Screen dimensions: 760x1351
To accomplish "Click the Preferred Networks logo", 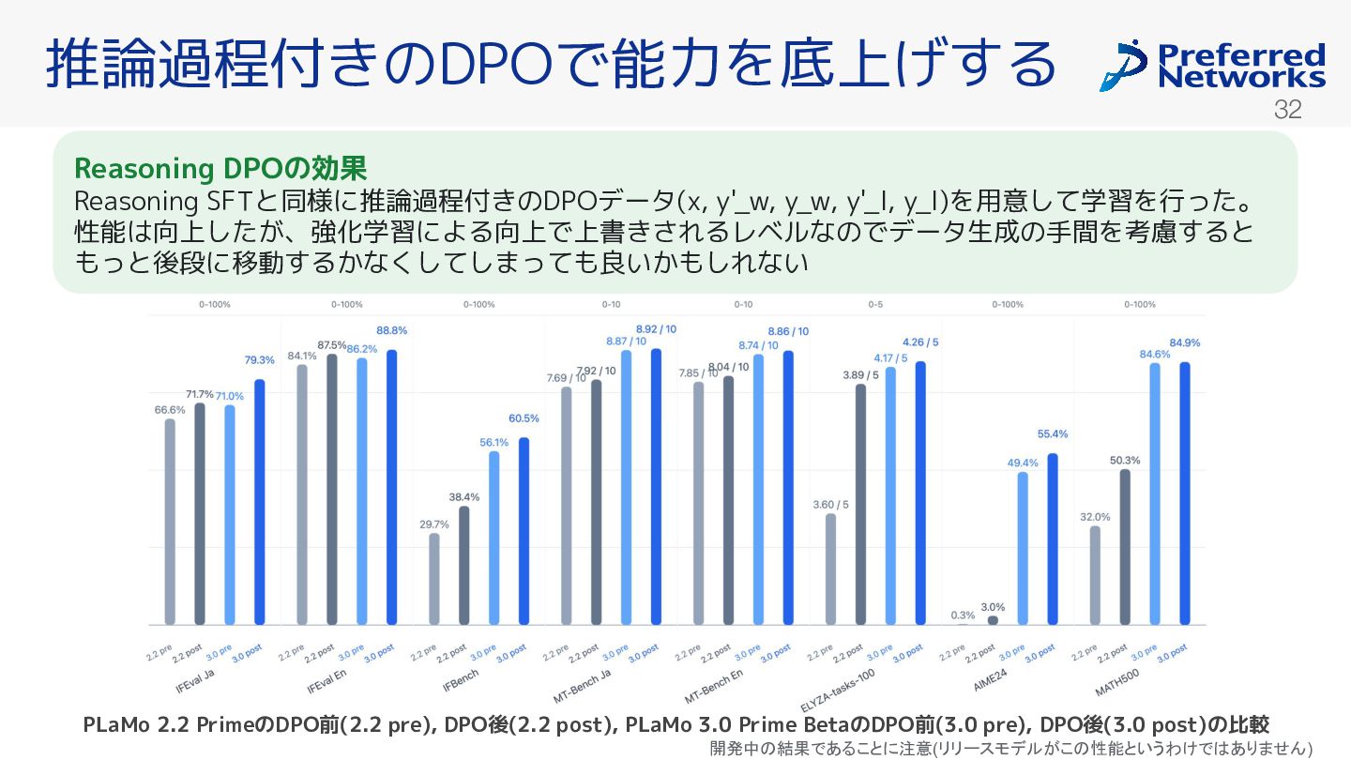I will (x=1212, y=65).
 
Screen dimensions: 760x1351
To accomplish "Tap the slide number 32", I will (x=1287, y=110).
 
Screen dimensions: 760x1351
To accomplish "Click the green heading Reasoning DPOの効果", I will (x=220, y=169).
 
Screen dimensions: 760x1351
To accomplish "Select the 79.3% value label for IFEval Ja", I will (x=260, y=360).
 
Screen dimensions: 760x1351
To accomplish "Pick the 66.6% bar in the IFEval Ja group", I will (x=170, y=521).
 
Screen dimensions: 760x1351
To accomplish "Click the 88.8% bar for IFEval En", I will (x=392, y=487).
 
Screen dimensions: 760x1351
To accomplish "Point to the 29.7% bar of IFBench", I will (x=433, y=578).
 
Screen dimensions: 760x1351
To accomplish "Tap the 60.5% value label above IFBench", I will (x=524, y=418).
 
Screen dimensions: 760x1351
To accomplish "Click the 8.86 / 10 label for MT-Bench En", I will (x=788, y=331).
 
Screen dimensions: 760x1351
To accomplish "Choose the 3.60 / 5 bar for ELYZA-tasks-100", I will (x=830, y=569).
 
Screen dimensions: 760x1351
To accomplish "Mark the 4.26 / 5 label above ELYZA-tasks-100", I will (x=920, y=342).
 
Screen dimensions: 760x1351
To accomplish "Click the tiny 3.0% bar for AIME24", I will (x=993, y=620).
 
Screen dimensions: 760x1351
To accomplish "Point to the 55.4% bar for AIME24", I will (x=1053, y=539).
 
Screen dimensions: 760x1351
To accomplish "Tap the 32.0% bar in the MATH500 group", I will (x=1095, y=575).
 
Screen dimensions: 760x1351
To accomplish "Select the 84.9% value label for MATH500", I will (x=1184, y=342).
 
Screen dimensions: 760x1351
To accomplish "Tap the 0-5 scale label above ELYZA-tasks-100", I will (x=875, y=304).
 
